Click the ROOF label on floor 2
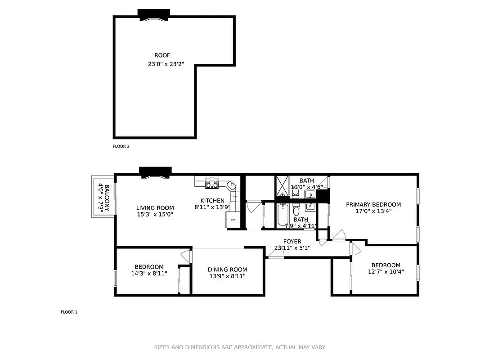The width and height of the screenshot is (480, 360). coord(162,55)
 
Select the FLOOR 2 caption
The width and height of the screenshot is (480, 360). coord(121,146)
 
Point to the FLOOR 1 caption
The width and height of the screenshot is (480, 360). coord(69,312)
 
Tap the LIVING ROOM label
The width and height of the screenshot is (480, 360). coord(155,208)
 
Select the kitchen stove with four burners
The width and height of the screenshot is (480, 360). coord(211,184)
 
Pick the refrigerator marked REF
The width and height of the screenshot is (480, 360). coord(233,220)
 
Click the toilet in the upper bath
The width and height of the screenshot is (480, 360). coord(295,193)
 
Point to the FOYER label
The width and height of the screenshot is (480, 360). coord(292,242)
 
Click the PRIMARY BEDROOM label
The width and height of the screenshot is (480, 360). coord(373,204)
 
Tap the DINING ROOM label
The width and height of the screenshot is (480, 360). coord(227,269)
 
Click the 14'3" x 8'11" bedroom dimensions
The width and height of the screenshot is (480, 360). coord(149,273)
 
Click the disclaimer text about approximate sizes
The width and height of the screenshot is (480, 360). coord(240,347)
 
